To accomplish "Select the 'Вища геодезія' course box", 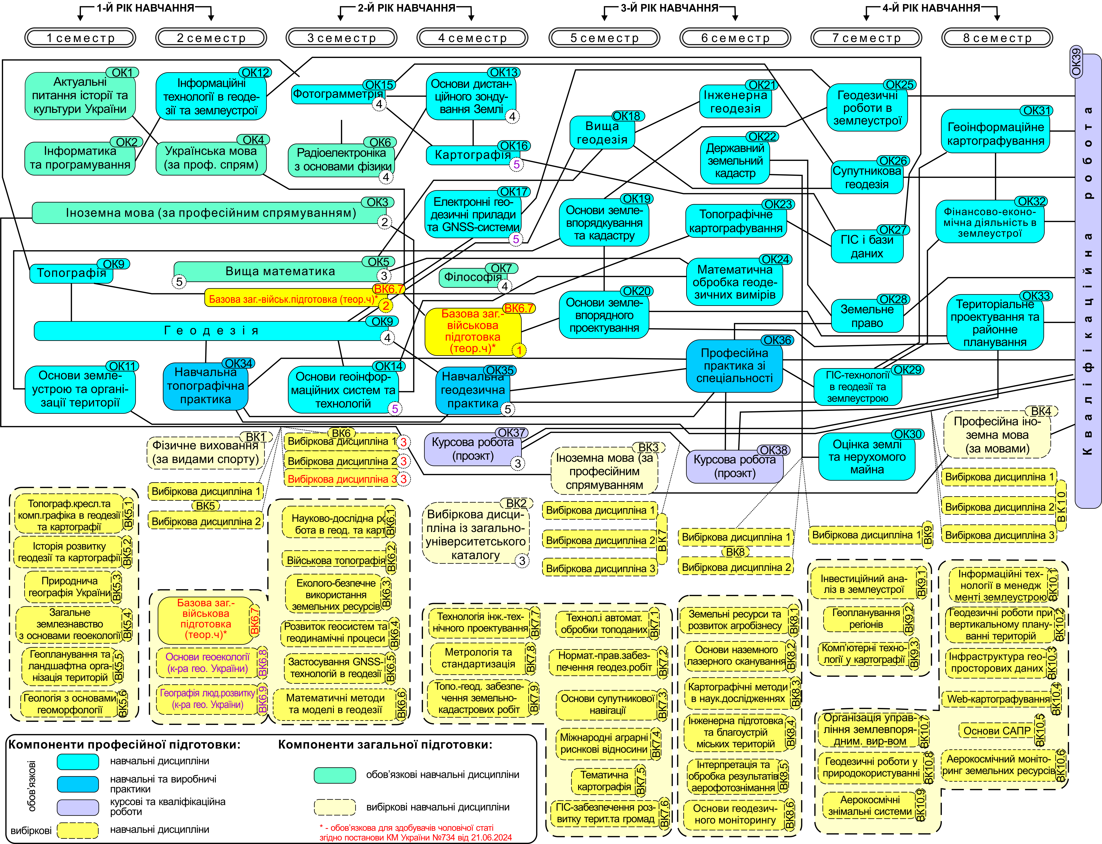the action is click(x=602, y=133).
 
